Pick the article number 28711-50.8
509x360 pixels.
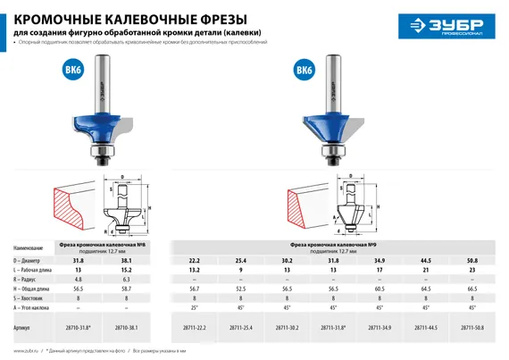pyautogui.click(x=473, y=327)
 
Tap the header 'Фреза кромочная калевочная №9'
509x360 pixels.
pyautogui.click(x=336, y=244)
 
